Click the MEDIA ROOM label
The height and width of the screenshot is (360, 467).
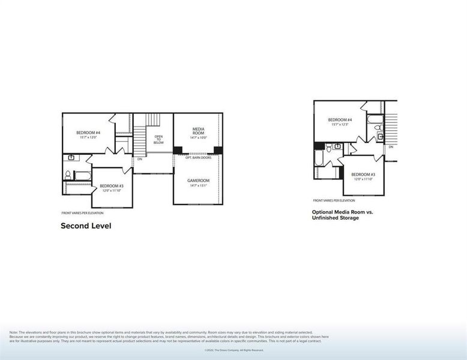coord(199,131)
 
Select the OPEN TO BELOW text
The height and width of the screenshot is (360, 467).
coord(158,139)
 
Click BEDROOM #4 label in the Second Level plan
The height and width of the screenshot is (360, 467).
coord(88,132)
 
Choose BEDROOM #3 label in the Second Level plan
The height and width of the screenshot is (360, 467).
coord(112,186)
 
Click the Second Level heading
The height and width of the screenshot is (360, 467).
coord(86,226)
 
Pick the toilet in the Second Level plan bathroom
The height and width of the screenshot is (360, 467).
coord(68,175)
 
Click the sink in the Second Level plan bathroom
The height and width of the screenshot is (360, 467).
coord(71,158)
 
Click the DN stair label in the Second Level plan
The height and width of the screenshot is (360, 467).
coord(139,159)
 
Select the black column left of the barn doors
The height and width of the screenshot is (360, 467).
coord(178,150)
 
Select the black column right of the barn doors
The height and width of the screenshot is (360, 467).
coord(218,150)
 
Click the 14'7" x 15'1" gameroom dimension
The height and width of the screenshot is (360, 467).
coord(198,185)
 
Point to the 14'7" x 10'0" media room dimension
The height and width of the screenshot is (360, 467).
coord(199,138)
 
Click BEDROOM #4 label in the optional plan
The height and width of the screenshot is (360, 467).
coord(340,120)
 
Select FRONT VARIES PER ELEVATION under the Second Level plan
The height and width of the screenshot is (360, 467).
coord(82,213)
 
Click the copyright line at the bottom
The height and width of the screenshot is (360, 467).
coord(233,350)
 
